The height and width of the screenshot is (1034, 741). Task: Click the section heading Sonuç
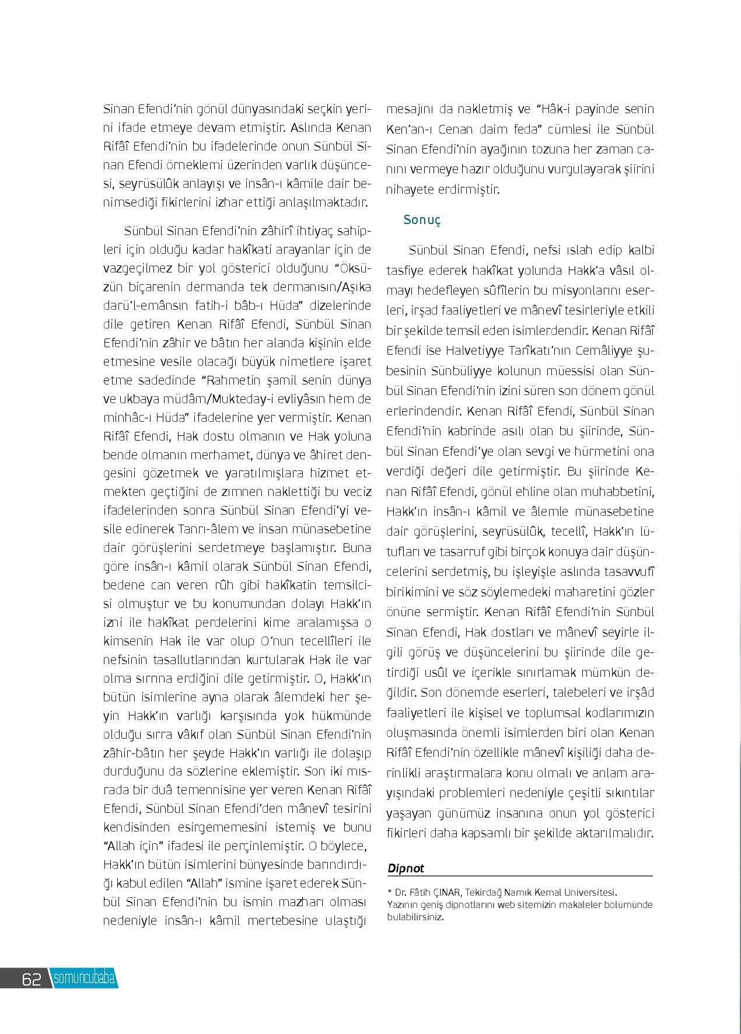point(422,220)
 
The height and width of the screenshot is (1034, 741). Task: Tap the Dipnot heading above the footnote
point(406,868)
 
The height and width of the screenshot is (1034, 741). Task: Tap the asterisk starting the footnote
point(389,892)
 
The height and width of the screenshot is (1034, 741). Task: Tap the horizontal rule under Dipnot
point(520,876)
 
